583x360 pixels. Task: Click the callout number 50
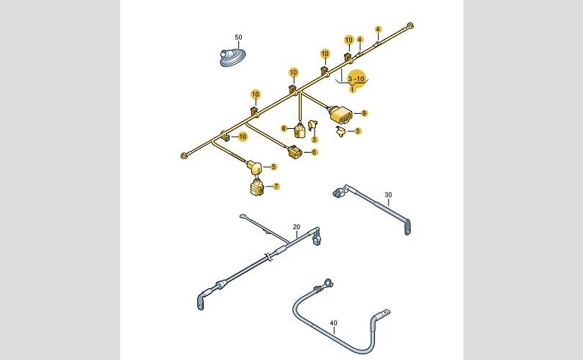pyautogui.click(x=238, y=37)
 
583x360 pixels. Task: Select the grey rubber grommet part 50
pyautogui.click(x=232, y=58)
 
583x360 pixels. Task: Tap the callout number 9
pyautogui.click(x=364, y=113)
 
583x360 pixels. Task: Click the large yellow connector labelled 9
pyautogui.click(x=340, y=114)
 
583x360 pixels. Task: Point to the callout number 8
pyautogui.click(x=284, y=129)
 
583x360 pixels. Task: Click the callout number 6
pyautogui.click(x=315, y=152)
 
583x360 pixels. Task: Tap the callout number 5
pyautogui.click(x=274, y=166)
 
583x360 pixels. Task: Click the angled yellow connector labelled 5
pyautogui.click(x=255, y=168)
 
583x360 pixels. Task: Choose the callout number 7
pyautogui.click(x=276, y=186)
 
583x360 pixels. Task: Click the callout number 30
pyautogui.click(x=388, y=195)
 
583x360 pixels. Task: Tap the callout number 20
pyautogui.click(x=297, y=227)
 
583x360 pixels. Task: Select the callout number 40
pyautogui.click(x=333, y=323)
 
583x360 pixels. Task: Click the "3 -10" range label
pyautogui.click(x=356, y=79)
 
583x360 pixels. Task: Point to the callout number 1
pyautogui.click(x=352, y=89)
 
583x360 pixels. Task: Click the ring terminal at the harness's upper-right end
pyautogui.click(x=410, y=26)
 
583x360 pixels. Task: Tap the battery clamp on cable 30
pyautogui.click(x=340, y=192)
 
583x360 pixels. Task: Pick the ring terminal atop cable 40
pyautogui.click(x=327, y=283)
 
